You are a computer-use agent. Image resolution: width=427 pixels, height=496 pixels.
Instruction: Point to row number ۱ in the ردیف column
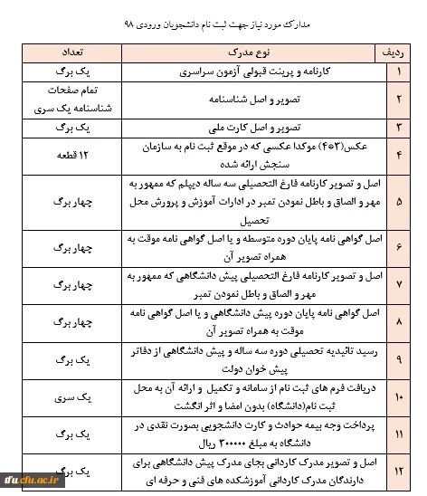[398, 70]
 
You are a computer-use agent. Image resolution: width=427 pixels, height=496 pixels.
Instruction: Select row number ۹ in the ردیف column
[398, 358]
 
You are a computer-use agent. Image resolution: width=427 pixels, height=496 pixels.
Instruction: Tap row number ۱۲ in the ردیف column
[398, 471]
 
